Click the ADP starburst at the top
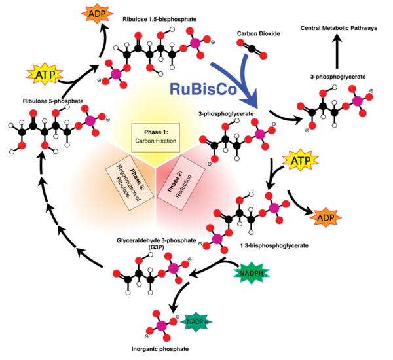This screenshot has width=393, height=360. click(97, 12)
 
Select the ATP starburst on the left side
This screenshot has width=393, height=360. click(45, 75)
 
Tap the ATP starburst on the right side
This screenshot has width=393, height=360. click(301, 160)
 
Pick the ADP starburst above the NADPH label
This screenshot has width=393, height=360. click(326, 217)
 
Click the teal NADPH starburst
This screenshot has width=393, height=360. click(252, 272)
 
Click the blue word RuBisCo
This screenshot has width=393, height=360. click(202, 90)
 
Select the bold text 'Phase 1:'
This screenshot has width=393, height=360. click(156, 132)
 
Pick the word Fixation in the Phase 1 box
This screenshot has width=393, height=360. click(166, 141)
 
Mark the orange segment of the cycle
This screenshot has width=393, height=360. click(92, 196)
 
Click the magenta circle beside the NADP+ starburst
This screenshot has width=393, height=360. click(161, 325)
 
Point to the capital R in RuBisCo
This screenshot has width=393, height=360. click(175, 90)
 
